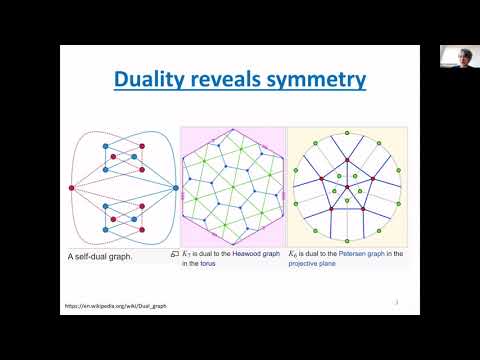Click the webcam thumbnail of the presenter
click(x=457, y=57)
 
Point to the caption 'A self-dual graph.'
click(x=112, y=258)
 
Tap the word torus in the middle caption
click(x=207, y=265)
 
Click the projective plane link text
click(x=315, y=265)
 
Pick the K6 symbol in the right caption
click(x=294, y=254)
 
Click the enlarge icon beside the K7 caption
click(x=174, y=254)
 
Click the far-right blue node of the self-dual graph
click(x=175, y=188)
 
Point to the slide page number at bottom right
click(x=398, y=299)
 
